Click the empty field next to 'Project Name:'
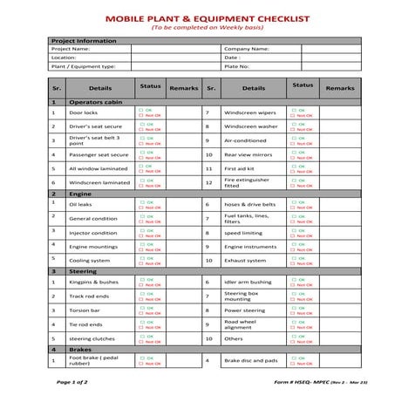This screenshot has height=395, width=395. pos(165,49)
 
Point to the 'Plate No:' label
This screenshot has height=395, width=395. pos(237,65)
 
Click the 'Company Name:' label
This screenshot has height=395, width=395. pos(244,49)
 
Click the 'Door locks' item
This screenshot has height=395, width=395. pos(84,113)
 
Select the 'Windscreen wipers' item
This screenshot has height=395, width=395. pos(250,113)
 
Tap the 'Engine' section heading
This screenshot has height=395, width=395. pos(80,194)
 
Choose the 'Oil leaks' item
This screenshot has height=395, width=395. pos(80,204)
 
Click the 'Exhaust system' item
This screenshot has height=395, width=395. pos(243,260)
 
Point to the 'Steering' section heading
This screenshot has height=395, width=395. pos(84,271)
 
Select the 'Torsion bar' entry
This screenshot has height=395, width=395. pos(84,310)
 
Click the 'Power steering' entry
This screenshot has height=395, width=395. pos(244,310)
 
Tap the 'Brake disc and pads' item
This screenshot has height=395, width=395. pos(252,360)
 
